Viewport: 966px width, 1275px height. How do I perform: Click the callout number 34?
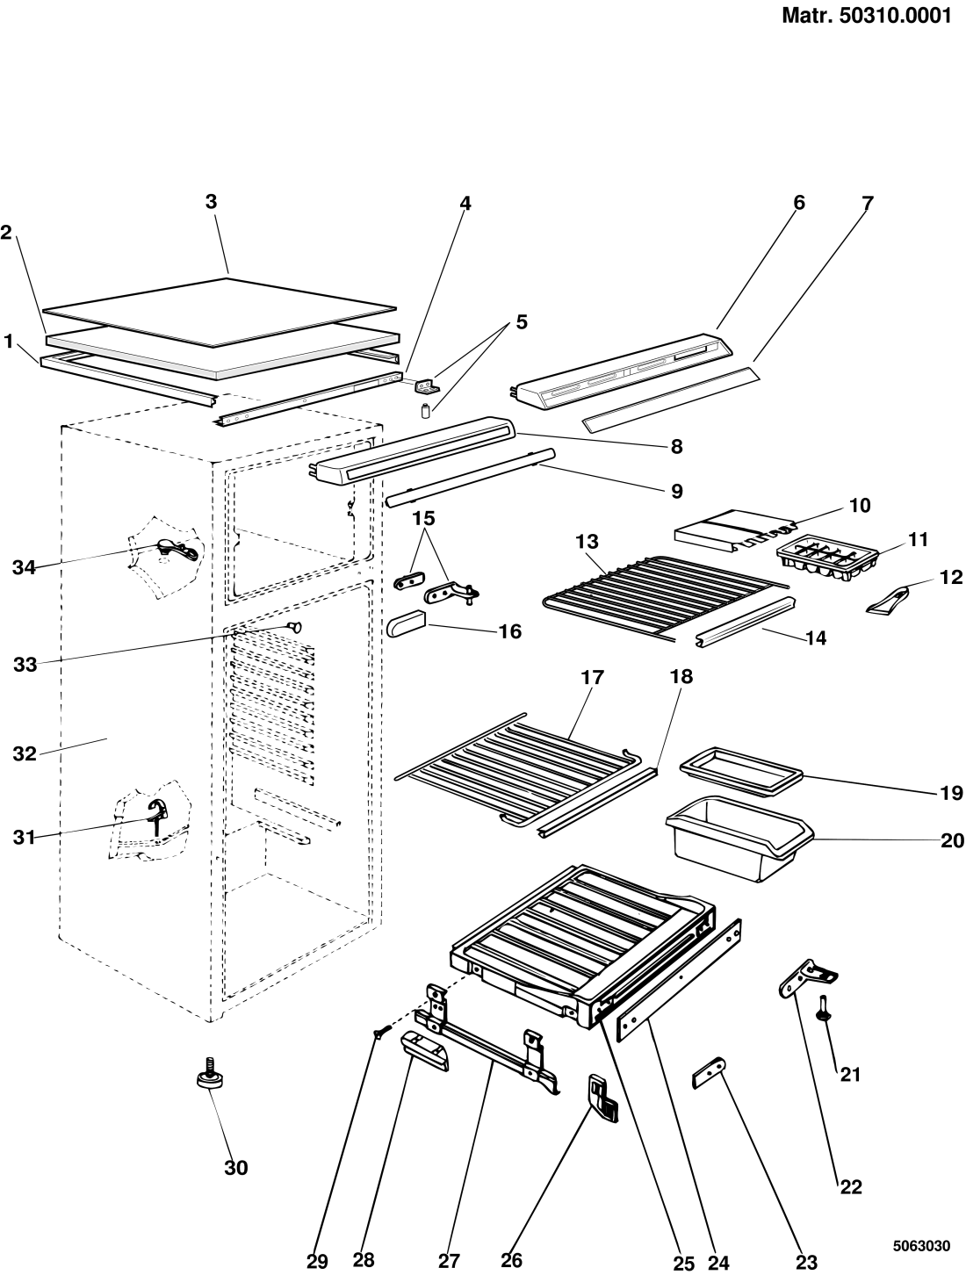[x=24, y=567]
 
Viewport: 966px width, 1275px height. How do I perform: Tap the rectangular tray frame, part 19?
[x=741, y=772]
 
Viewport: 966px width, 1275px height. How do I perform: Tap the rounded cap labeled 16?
[x=406, y=622]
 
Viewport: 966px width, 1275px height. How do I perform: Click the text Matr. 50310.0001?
[x=867, y=16]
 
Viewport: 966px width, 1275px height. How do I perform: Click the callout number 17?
[x=592, y=677]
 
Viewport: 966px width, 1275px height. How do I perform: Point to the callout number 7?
[x=868, y=204]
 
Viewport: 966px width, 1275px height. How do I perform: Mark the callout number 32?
[x=25, y=754]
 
